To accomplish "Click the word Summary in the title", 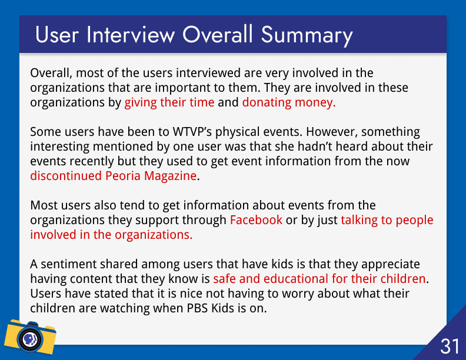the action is pos(307,36).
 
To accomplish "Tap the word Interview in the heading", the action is pos(131,35).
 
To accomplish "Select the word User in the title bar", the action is pos(56,35).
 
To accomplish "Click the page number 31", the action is pos(450,346).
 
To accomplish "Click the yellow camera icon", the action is pos(30,337).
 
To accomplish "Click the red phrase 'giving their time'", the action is pos(169,102).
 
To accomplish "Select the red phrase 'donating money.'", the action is pos(289,102).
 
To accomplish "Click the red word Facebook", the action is pos(256,220).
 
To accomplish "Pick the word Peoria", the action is pos(123,176).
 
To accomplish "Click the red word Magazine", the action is pos(170,176).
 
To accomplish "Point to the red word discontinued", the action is pos(66,176).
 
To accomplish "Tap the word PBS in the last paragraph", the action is pos(197,308).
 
